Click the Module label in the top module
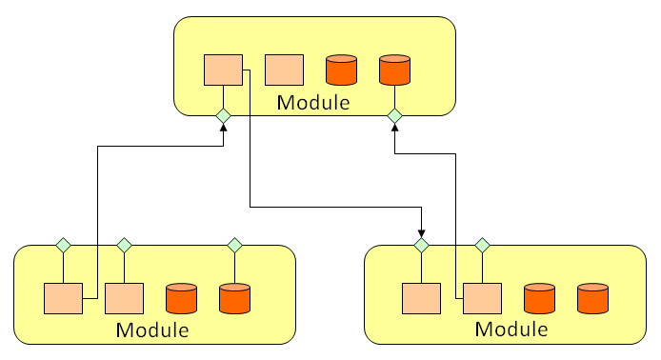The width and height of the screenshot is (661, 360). [x=313, y=102]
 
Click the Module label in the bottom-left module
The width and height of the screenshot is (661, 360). [x=152, y=330]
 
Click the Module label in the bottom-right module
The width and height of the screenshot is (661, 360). [x=511, y=330]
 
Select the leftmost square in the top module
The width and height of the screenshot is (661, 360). [x=223, y=70]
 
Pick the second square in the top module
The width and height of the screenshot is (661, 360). [x=283, y=70]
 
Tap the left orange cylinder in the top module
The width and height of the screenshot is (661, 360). [x=341, y=70]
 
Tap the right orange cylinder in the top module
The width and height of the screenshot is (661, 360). [x=394, y=70]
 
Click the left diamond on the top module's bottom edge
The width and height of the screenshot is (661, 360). [x=223, y=116]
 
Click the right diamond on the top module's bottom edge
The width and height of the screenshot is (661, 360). [x=394, y=116]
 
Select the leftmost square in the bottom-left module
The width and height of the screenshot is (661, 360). [x=63, y=299]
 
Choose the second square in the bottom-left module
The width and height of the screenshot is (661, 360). [x=124, y=299]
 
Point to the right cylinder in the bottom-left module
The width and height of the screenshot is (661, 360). [x=234, y=299]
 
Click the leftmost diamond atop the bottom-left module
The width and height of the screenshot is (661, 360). [x=63, y=246]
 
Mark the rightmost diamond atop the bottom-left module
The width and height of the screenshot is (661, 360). [x=234, y=246]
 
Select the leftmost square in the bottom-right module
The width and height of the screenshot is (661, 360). [x=421, y=299]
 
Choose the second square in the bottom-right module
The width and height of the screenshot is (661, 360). [x=482, y=299]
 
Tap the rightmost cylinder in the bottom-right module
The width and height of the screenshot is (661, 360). [x=592, y=299]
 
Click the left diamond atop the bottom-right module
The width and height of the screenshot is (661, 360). [x=421, y=246]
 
